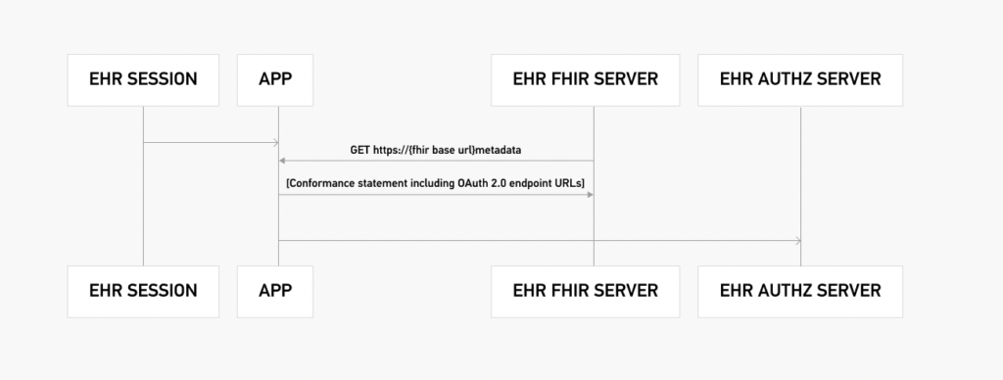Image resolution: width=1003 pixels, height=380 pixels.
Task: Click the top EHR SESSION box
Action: tap(143, 78)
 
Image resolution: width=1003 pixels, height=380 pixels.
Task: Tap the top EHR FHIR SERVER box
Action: tap(593, 78)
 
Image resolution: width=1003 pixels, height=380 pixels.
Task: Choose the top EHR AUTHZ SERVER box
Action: tap(800, 78)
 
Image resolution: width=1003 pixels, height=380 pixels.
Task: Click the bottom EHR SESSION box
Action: tap(143, 291)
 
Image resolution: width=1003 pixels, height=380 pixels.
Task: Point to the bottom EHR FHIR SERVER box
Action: tap(593, 291)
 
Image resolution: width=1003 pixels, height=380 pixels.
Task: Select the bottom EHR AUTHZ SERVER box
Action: tap(800, 291)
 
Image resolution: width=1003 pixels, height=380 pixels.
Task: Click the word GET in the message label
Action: tap(360, 151)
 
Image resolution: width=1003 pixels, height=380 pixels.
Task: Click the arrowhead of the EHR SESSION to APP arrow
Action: tap(275, 143)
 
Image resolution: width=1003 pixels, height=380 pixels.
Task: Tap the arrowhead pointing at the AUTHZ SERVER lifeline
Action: tap(797, 240)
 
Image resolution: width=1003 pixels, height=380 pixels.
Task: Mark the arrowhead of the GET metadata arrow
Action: tap(282, 160)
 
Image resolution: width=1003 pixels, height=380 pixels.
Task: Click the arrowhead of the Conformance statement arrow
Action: tap(590, 194)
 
